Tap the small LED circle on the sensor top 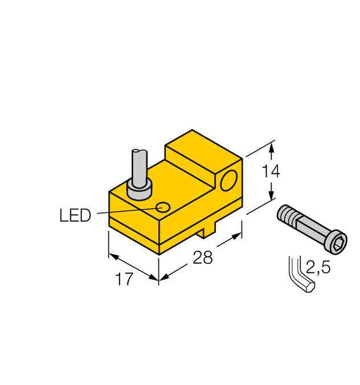pos(163,207)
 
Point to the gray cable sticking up pos(138,165)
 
